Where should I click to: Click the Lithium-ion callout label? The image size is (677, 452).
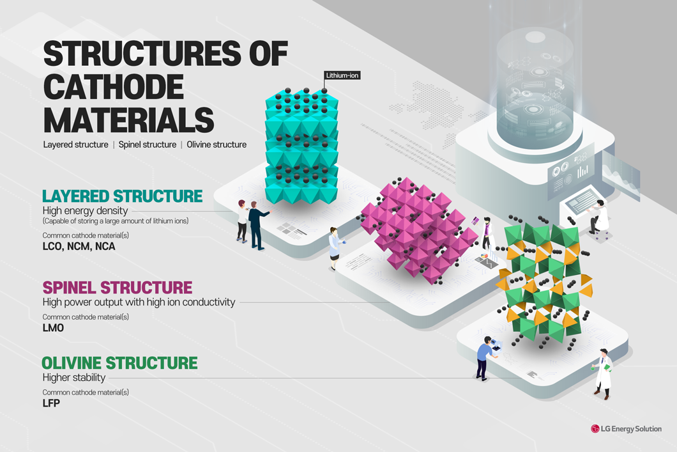click(342, 75)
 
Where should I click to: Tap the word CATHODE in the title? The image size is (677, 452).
click(113, 87)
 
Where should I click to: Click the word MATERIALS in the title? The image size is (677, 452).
click(128, 120)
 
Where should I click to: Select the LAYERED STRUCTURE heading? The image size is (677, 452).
click(122, 196)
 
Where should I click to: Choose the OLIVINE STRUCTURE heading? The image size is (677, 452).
click(119, 363)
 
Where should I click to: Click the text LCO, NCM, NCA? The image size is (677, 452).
click(79, 246)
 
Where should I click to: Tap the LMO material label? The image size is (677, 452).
click(53, 328)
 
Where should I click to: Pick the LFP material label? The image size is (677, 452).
click(51, 403)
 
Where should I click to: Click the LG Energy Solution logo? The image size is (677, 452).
click(627, 429)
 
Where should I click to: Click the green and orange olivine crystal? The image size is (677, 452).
click(544, 281)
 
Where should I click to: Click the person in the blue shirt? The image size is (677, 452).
click(485, 357)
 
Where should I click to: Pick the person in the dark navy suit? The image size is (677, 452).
click(257, 224)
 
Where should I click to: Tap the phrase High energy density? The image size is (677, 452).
click(85, 210)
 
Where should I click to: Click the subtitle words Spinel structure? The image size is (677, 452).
click(148, 144)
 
